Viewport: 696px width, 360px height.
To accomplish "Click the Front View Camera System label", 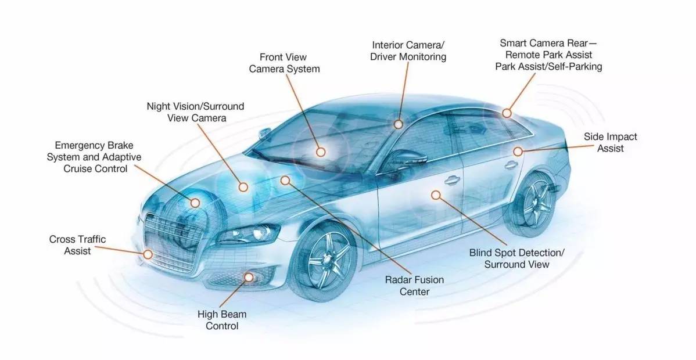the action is [x=284, y=63].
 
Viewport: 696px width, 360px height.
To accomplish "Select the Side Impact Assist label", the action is [x=610, y=142].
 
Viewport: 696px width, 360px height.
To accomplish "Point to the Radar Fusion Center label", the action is [x=414, y=286].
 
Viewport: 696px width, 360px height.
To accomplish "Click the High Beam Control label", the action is [x=222, y=320].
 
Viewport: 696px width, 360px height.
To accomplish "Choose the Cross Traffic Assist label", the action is [x=77, y=245].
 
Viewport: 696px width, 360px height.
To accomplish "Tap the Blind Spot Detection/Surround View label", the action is [x=516, y=258].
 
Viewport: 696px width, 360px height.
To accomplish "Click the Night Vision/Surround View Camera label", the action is [x=195, y=112].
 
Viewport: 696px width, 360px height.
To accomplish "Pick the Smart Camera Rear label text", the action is [x=548, y=55].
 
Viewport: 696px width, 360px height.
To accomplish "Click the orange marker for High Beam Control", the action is [x=250, y=278].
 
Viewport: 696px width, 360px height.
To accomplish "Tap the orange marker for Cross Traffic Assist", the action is [x=148, y=254].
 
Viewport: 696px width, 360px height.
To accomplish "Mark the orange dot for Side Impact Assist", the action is [x=517, y=151].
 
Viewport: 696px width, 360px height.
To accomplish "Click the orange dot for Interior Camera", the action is [x=398, y=124].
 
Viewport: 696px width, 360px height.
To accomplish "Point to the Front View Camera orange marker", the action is [x=321, y=152].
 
